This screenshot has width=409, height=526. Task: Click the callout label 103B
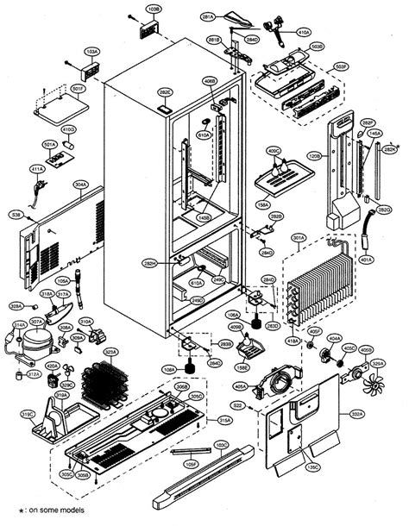tap(154, 9)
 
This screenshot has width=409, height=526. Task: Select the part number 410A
tap(304, 33)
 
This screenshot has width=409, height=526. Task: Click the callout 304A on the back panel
tap(80, 184)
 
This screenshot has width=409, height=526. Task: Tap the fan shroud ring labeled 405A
tap(280, 382)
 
